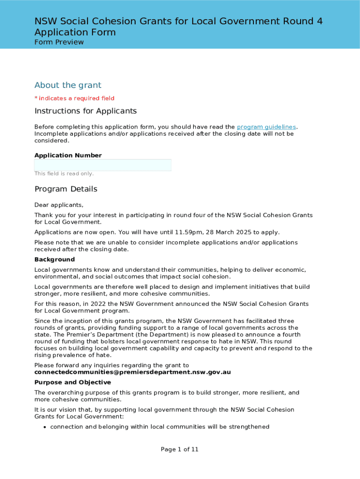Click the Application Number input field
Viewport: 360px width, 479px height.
click(103, 165)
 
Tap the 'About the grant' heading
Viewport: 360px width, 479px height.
click(68, 85)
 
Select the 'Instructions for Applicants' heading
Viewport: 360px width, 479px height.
click(86, 111)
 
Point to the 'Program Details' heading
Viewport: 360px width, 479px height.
click(66, 189)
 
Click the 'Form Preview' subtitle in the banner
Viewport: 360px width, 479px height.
click(59, 42)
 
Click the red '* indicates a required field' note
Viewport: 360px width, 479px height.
click(74, 98)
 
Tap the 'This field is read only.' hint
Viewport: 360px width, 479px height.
click(64, 174)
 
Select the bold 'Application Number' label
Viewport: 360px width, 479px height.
click(68, 155)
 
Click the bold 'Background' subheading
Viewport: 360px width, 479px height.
click(54, 260)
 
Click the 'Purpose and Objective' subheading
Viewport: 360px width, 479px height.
click(72, 382)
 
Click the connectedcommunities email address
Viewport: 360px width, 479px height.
click(132, 372)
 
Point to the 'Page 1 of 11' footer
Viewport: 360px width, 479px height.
click(180, 450)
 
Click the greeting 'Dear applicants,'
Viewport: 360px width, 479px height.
click(59, 205)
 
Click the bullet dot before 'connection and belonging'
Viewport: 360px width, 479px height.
click(44, 427)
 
